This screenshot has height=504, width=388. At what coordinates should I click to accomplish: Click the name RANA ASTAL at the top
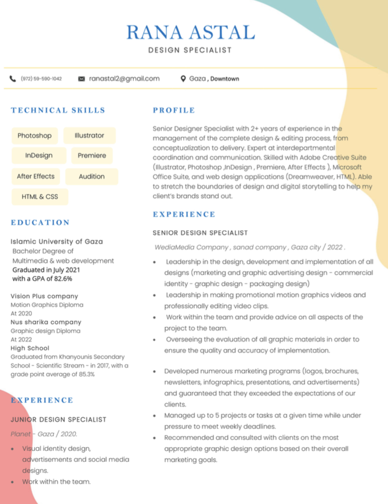point(190,32)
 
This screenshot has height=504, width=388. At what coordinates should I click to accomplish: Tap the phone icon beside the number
point(13,79)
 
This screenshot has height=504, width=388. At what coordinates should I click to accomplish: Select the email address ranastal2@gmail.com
point(124,78)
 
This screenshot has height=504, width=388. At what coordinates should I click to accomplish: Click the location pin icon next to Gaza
point(183,79)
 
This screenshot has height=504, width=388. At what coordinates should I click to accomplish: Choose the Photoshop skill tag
point(34,135)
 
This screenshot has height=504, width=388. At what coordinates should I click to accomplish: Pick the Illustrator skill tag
point(89,135)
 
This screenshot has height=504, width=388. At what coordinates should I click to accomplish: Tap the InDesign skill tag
point(39,155)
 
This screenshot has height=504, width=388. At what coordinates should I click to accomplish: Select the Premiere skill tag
point(92,155)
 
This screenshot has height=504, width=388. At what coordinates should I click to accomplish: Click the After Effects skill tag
point(35,176)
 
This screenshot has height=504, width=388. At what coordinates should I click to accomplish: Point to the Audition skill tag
point(91,176)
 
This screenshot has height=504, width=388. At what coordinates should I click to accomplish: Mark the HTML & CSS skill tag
point(40,197)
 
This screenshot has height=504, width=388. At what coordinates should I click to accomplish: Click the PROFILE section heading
point(174,110)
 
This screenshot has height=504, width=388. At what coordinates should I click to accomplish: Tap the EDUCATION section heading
point(40,223)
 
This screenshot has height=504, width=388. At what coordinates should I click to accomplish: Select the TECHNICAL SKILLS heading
point(58,110)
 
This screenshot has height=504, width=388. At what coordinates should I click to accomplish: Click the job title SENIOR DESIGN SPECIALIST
point(200,233)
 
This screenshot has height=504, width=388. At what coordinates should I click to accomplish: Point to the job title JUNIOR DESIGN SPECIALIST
point(58,420)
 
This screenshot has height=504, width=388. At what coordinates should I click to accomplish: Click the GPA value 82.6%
point(63,279)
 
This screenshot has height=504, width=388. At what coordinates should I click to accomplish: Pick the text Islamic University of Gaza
point(56,241)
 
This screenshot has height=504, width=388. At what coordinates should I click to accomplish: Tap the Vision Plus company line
point(44,296)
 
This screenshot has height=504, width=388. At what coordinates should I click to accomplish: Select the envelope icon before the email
point(82,79)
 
